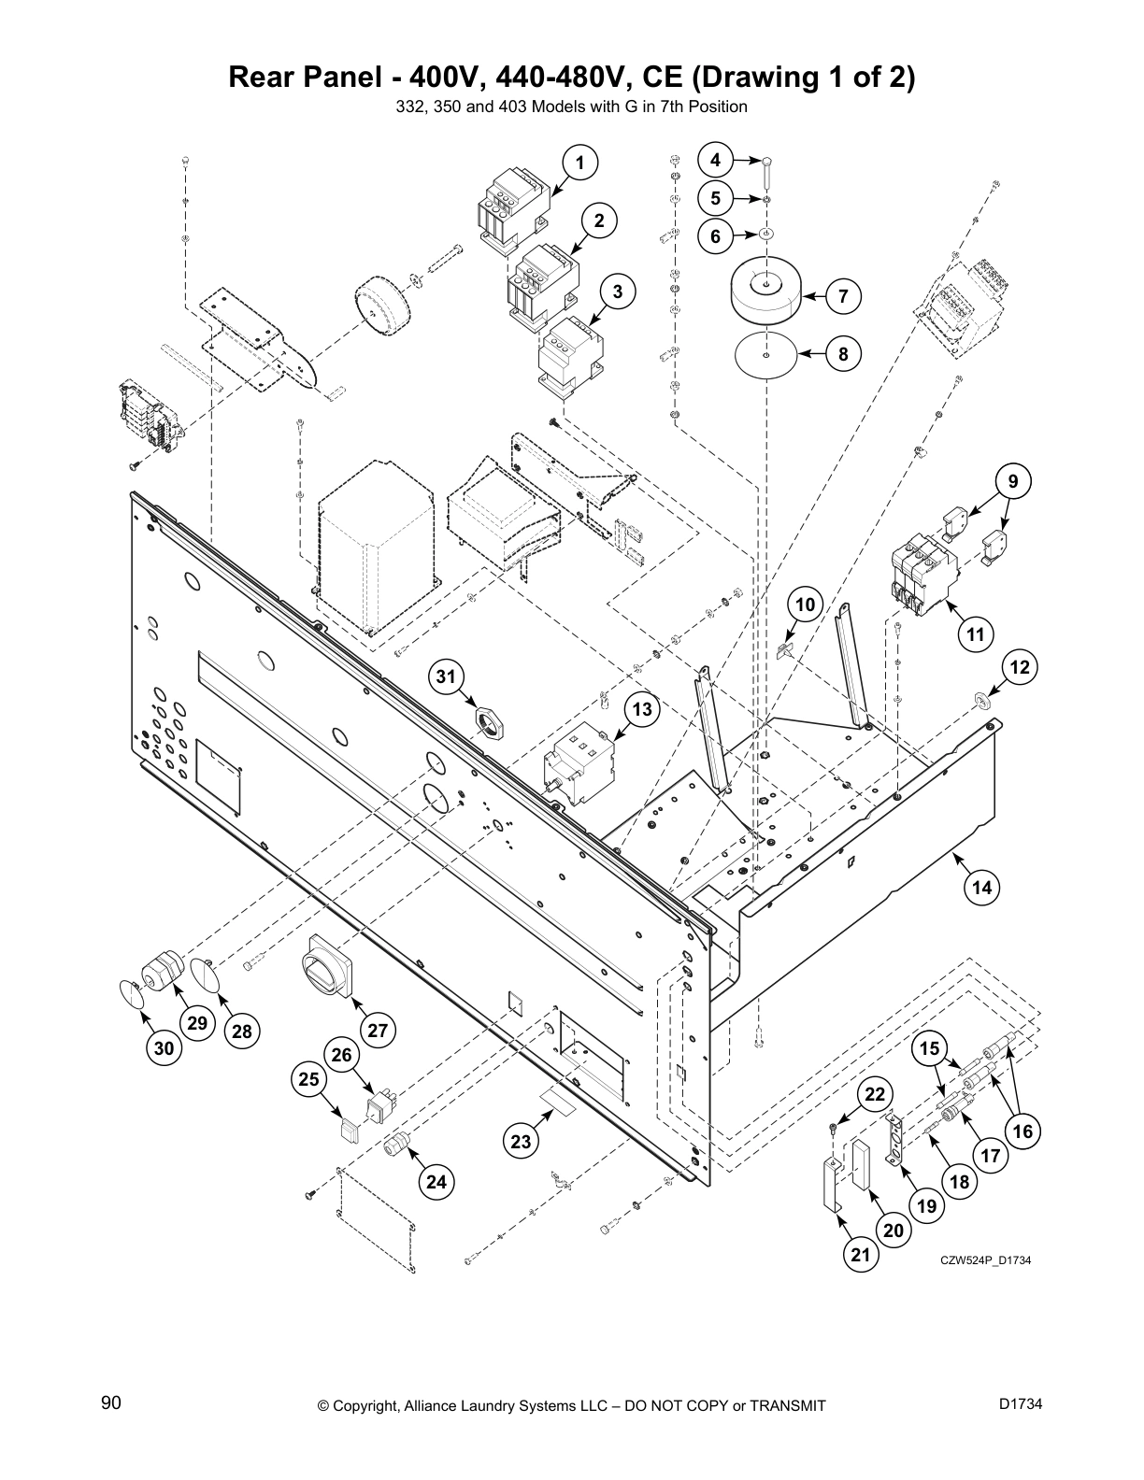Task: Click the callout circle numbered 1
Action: [x=579, y=163]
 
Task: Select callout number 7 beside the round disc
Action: [x=843, y=297]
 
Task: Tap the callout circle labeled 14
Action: [x=981, y=888]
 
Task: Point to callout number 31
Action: [x=448, y=676]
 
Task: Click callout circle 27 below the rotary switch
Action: [x=377, y=1032]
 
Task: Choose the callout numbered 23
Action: [x=521, y=1141]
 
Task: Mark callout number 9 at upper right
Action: [x=1012, y=482]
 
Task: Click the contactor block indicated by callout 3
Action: [x=568, y=350]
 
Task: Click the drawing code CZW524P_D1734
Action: [x=985, y=1260]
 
